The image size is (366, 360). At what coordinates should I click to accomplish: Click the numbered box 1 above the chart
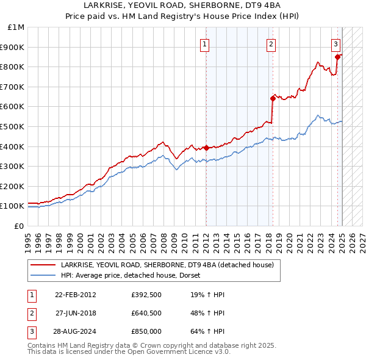tap(205, 44)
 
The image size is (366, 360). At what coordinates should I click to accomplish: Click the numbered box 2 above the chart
tap(271, 44)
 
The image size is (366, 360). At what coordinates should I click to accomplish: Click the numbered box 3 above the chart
tap(336, 44)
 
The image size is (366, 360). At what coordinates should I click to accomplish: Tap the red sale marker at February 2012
tap(206, 148)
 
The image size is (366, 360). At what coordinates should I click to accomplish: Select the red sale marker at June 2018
tap(273, 98)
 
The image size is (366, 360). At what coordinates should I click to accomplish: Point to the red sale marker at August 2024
tap(337, 57)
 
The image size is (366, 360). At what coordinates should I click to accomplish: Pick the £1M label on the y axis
tap(16, 27)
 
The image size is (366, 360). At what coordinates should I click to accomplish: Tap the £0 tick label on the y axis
tap(18, 226)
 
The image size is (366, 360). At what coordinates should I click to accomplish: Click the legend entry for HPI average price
tap(134, 275)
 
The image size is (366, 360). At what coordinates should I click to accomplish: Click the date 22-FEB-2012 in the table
tap(76, 295)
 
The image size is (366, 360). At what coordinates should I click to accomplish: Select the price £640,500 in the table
tap(145, 314)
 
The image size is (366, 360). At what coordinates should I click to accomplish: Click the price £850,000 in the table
tap(145, 333)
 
